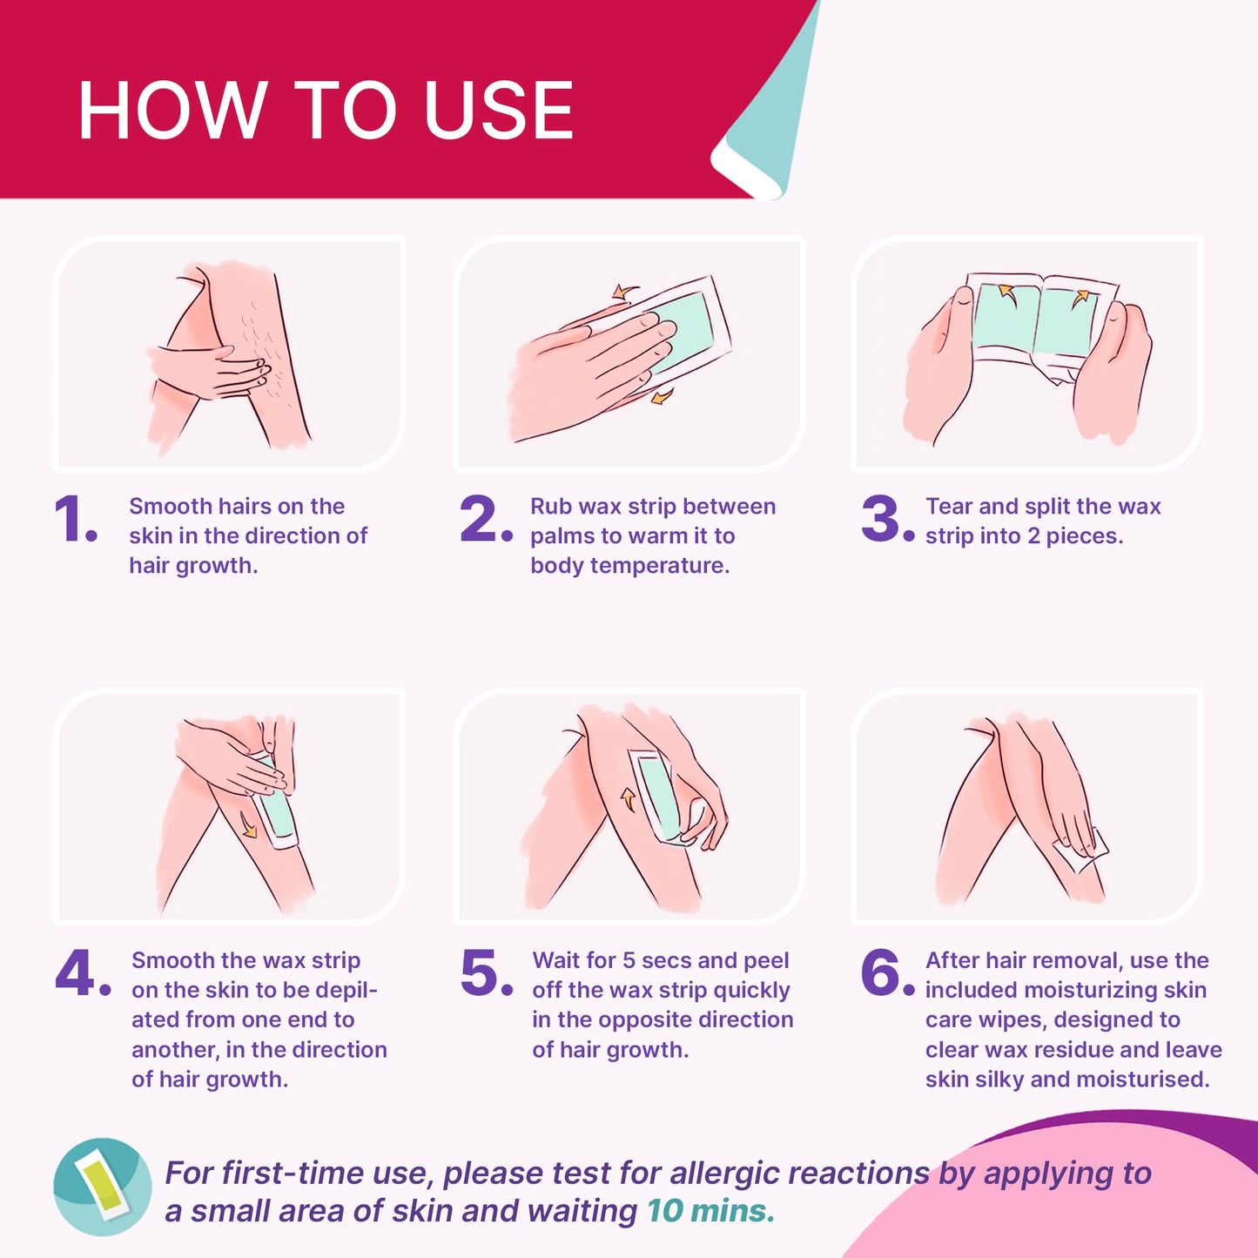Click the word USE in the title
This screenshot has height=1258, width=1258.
tap(498, 111)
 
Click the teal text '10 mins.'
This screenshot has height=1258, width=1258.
tap(710, 1211)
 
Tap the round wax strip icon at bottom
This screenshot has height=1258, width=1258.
tap(103, 1187)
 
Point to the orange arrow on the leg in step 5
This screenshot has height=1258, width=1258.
tap(627, 799)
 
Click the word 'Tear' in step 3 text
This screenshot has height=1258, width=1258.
tap(948, 507)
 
